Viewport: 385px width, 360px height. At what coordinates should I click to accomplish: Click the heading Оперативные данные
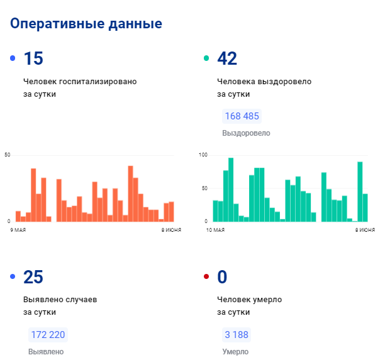click(86, 24)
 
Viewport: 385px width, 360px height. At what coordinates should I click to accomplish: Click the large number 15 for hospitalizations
click(33, 59)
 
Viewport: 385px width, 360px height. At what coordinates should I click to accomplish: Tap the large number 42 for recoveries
click(226, 59)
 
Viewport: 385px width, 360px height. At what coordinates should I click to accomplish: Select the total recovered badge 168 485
click(242, 116)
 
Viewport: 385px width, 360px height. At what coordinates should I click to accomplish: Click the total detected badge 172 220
click(48, 335)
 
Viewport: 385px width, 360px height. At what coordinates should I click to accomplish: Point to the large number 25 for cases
click(33, 277)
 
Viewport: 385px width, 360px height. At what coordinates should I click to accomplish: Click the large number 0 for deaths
click(221, 277)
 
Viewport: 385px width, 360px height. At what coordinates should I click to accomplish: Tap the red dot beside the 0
click(206, 277)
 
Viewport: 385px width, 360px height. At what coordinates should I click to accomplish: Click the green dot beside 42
click(206, 59)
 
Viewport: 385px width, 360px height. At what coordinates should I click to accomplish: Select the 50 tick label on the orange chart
click(8, 155)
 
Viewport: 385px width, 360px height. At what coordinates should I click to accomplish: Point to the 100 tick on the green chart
click(203, 155)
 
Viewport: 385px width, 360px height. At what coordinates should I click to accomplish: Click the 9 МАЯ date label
click(18, 231)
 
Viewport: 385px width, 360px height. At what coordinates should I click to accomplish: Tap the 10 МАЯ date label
click(215, 231)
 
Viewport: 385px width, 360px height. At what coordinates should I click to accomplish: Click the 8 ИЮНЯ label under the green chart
click(365, 231)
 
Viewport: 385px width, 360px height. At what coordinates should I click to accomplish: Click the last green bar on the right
click(365, 207)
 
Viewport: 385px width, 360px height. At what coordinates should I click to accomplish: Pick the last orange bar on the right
click(171, 211)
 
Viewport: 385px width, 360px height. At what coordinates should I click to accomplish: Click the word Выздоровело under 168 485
click(246, 133)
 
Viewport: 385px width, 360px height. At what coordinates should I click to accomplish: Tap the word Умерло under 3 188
click(235, 352)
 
